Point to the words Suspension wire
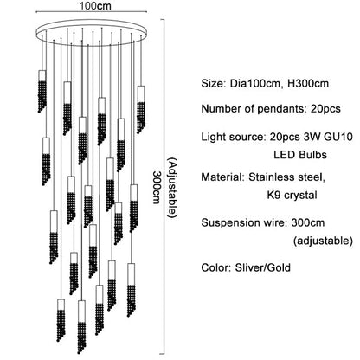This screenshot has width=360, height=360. coord(243,222)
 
